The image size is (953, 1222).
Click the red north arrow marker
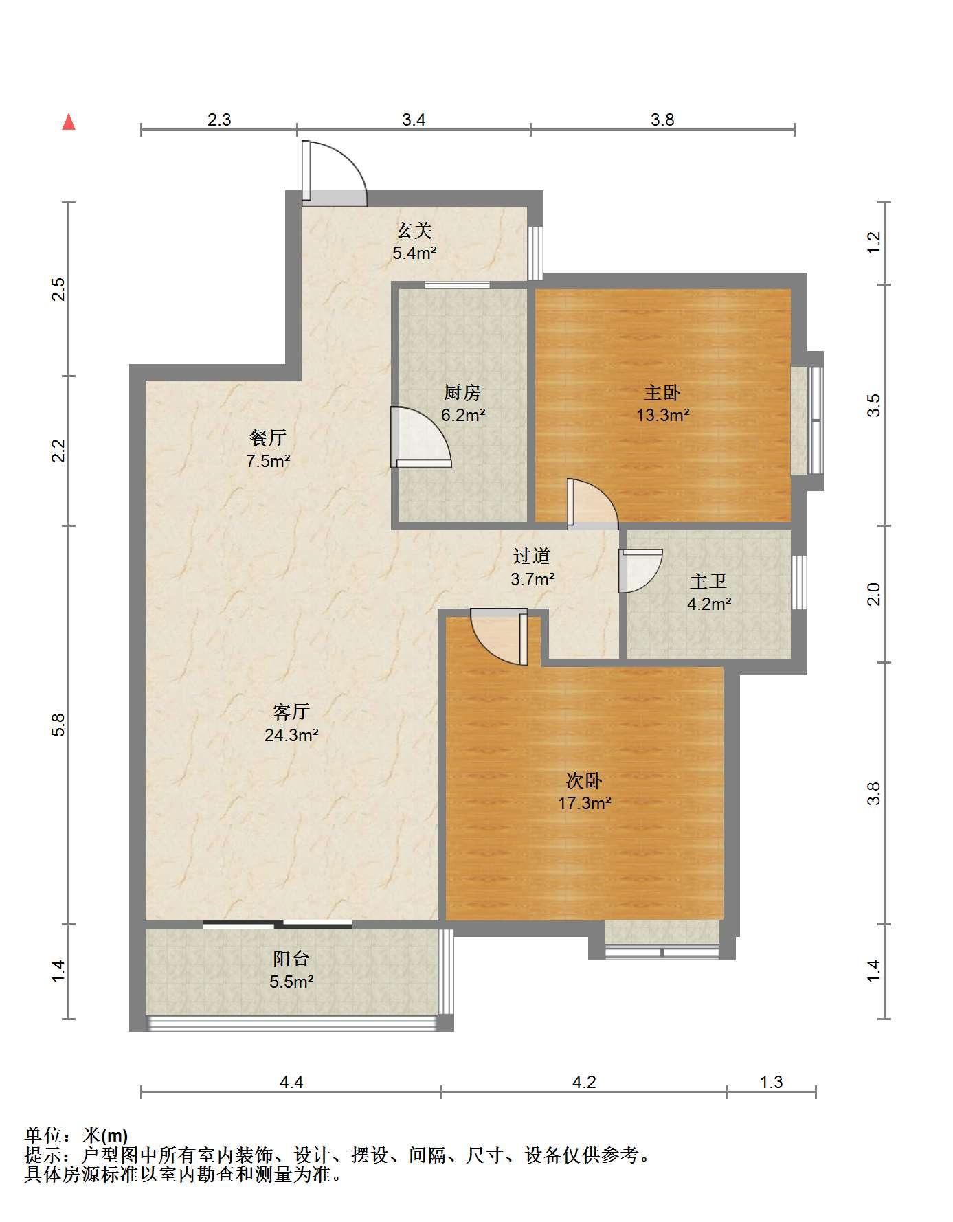(x=68, y=122)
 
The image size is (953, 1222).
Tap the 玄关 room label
(x=414, y=230)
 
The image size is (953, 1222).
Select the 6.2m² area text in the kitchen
(x=463, y=415)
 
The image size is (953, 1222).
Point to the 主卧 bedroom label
(x=662, y=392)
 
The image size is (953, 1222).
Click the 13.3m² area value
(x=662, y=415)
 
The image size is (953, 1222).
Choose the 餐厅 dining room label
(x=268, y=438)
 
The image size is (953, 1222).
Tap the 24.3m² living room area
(x=291, y=735)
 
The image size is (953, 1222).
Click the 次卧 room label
(x=584, y=780)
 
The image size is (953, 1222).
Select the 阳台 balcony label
(x=291, y=958)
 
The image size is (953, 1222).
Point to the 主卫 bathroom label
(x=708, y=582)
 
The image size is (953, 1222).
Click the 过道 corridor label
(x=532, y=556)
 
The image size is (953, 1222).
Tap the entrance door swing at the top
(x=335, y=174)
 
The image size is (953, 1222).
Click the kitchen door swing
(x=421, y=438)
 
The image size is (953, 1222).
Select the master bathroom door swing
(x=640, y=570)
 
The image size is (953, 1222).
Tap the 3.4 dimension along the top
(x=414, y=120)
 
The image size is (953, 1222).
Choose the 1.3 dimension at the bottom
(x=771, y=1082)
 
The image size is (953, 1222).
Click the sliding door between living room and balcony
(x=278, y=924)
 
